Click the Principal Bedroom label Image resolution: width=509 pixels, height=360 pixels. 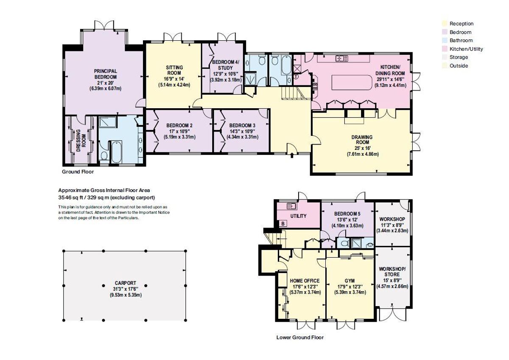click(105, 74)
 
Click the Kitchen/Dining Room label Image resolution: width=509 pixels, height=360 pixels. click(390, 70)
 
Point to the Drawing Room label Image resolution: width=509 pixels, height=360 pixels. click(362, 140)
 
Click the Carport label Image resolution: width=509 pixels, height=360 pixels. click(126, 283)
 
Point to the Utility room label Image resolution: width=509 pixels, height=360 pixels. click(298, 216)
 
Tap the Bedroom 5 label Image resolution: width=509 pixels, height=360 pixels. click(347, 214)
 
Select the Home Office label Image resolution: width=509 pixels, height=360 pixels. click(305, 281)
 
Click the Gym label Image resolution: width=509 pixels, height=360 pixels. click(350, 281)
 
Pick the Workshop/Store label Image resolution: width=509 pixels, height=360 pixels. click(392, 272)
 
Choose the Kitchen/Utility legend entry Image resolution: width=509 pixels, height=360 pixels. click(466, 49)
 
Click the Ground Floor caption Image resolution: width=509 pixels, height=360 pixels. click(78, 172)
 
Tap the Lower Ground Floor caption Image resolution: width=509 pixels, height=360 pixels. click(299, 337)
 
